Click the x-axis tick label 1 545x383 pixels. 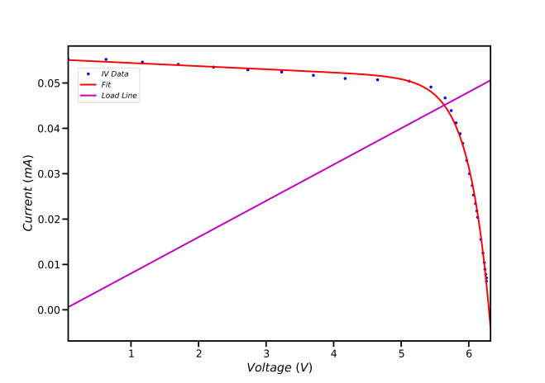(131, 354)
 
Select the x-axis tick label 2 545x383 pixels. (198, 354)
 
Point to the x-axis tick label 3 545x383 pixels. (266, 354)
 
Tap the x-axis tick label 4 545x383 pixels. (333, 354)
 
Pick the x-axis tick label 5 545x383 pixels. (401, 354)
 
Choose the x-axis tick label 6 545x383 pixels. (469, 354)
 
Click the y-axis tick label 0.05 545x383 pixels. (49, 83)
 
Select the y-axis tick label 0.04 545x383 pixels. (49, 129)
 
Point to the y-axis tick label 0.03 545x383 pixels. (49, 174)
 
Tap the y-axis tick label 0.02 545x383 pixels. (49, 220)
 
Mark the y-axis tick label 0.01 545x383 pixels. (49, 265)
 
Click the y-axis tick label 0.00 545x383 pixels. (49, 310)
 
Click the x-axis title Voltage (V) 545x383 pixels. (280, 368)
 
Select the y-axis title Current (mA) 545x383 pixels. (27, 193)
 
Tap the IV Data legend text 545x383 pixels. (115, 74)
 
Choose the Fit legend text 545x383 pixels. (106, 85)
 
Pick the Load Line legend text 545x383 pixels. (119, 96)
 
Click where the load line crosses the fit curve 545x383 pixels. (444, 105)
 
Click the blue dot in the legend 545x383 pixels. (88, 74)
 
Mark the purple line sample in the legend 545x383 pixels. (88, 96)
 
